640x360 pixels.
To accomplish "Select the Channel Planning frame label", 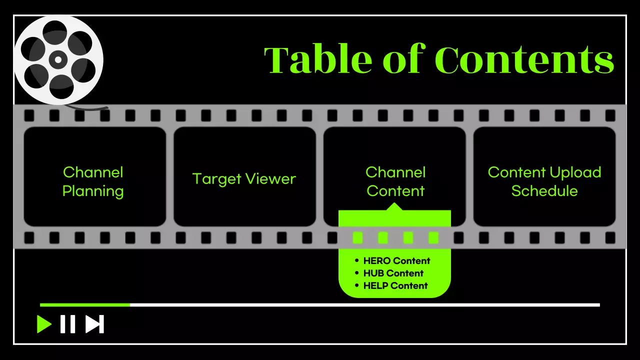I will click(93, 181).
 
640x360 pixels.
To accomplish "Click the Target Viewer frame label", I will click(244, 179).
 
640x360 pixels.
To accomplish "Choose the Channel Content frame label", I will click(395, 181).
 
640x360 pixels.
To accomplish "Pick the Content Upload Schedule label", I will click(544, 181).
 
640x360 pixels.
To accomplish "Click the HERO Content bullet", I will click(396, 260).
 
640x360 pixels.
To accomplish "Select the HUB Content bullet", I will click(393, 273).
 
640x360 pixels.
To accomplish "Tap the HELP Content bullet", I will click(395, 285).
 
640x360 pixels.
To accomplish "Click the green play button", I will click(44, 324).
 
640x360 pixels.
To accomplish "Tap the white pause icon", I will click(67, 324).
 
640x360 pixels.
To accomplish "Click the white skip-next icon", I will click(94, 324).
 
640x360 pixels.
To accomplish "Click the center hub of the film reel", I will click(58, 60).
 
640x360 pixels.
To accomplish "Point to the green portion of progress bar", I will click(85, 304).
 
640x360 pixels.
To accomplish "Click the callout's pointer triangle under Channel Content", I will click(395, 206).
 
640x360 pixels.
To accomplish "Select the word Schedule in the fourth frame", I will click(544, 191).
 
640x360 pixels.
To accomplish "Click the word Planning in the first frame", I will click(93, 191).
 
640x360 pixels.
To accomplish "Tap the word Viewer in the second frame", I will click(272, 179).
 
